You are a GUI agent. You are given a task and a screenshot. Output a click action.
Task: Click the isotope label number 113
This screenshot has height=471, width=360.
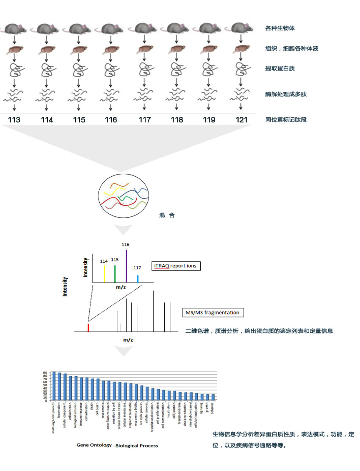click(14, 120)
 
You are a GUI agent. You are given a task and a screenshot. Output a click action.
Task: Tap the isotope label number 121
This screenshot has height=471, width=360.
click(241, 120)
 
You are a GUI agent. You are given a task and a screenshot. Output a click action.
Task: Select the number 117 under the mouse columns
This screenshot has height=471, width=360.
click(144, 120)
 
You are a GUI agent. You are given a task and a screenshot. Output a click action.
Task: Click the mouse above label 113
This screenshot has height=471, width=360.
click(15, 28)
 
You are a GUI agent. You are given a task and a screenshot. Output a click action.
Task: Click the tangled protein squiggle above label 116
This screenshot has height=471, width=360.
click(111, 69)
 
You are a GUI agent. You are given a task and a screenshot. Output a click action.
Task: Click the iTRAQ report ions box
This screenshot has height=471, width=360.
click(176, 266)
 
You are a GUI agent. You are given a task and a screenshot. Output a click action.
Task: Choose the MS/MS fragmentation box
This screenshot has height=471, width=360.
click(213, 312)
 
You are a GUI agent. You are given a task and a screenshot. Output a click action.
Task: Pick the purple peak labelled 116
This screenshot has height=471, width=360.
click(126, 266)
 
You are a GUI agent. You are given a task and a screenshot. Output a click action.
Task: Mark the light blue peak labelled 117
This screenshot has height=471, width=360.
click(138, 279)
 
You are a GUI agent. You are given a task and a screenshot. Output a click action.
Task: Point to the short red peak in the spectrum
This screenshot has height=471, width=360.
click(88, 327)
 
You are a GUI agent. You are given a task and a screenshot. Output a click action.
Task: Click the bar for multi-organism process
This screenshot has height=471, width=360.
click(54, 385)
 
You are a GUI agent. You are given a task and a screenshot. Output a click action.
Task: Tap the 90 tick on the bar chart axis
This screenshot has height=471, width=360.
click(45, 372)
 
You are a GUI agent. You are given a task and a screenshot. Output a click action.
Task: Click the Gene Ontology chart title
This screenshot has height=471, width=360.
click(117, 446)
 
